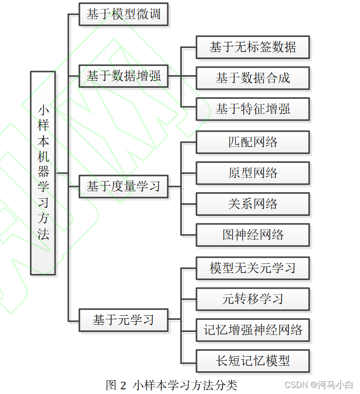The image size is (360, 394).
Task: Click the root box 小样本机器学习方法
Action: pyautogui.click(x=43, y=173)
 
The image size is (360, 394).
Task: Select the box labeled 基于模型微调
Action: pyautogui.click(x=123, y=14)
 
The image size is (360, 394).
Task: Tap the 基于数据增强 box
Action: pyautogui.click(x=123, y=76)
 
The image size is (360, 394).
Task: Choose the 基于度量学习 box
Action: pyautogui.click(x=123, y=186)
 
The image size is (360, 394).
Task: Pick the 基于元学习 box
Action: pyautogui.click(x=123, y=320)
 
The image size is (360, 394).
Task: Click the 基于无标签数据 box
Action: pyautogui.click(x=252, y=47)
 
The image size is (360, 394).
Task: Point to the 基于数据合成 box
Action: pyautogui.click(x=252, y=78)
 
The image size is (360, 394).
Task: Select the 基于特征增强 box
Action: pyautogui.click(x=252, y=109)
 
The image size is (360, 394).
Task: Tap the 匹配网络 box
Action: pyautogui.click(x=252, y=142)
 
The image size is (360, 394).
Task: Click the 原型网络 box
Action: pyautogui.click(x=252, y=173)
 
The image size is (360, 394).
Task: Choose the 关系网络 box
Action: pyautogui.click(x=252, y=204)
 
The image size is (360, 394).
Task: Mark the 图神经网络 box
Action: pyautogui.click(x=252, y=235)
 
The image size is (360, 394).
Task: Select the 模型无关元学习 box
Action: pyautogui.click(x=252, y=268)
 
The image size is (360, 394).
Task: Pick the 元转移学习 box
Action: pyautogui.click(x=252, y=299)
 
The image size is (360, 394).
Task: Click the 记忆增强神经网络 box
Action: pyautogui.click(x=252, y=330)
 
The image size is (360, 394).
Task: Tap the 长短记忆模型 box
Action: pyautogui.click(x=252, y=361)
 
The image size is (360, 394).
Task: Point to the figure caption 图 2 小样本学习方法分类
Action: pyautogui.click(x=171, y=385)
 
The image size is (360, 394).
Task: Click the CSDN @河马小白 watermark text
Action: pyautogui.click(x=319, y=385)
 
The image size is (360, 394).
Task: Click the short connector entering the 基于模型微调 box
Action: pyautogui.click(x=74, y=15)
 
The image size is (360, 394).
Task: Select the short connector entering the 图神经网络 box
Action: pyautogui.click(x=188, y=235)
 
